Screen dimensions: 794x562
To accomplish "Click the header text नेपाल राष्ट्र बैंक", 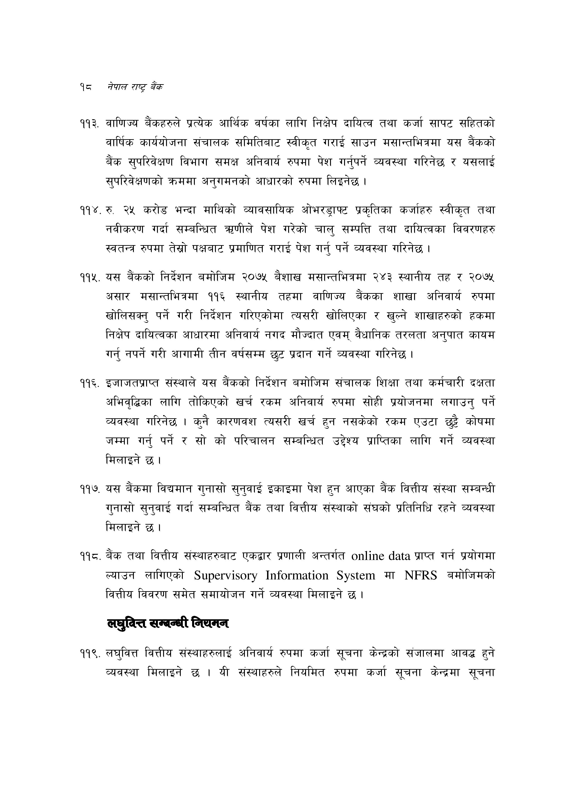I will (135, 87).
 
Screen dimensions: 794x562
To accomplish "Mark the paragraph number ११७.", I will (90, 489).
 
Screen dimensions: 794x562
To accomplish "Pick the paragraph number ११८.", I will (90, 556).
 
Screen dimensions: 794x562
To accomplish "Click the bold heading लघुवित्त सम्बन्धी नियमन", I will (168, 623).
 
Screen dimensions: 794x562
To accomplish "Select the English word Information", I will (297, 576).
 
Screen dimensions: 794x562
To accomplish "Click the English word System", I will (356, 576).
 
